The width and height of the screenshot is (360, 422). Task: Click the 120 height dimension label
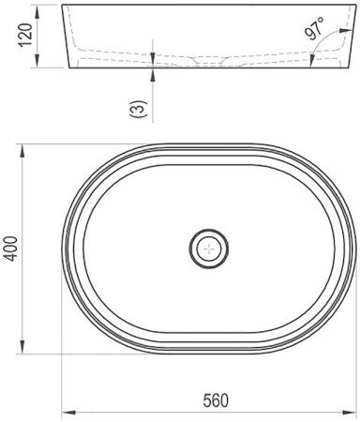point(25,35)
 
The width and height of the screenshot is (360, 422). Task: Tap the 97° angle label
point(315,29)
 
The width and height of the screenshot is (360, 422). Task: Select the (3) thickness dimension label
point(138,109)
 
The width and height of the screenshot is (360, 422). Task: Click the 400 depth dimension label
point(11,249)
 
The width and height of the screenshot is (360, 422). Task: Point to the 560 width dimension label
point(216,400)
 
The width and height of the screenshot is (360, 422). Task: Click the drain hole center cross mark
point(209,249)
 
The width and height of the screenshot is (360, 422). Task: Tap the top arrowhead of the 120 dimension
point(37,11)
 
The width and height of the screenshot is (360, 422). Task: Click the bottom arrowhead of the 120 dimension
point(37,61)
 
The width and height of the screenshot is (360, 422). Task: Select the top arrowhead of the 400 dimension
point(22,151)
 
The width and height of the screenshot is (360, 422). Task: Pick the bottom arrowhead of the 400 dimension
point(22,347)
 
